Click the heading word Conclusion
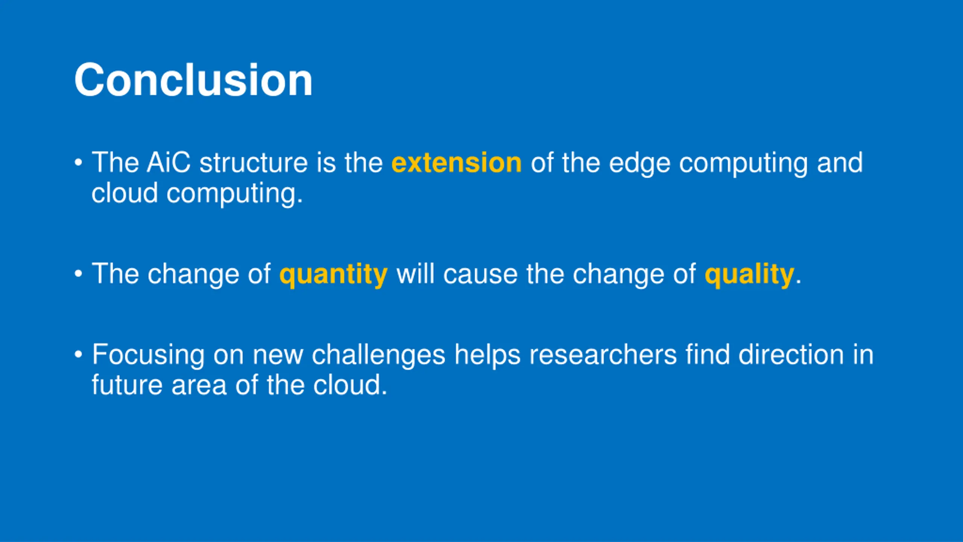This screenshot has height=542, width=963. point(193,80)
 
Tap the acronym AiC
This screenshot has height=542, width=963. point(169,163)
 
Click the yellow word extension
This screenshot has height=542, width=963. point(457,163)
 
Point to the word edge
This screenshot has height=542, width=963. point(639,164)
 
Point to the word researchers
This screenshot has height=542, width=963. point(603,355)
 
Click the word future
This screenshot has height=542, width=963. point(127,385)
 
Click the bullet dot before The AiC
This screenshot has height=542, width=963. point(78,163)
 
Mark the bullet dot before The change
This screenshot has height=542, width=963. point(78,274)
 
